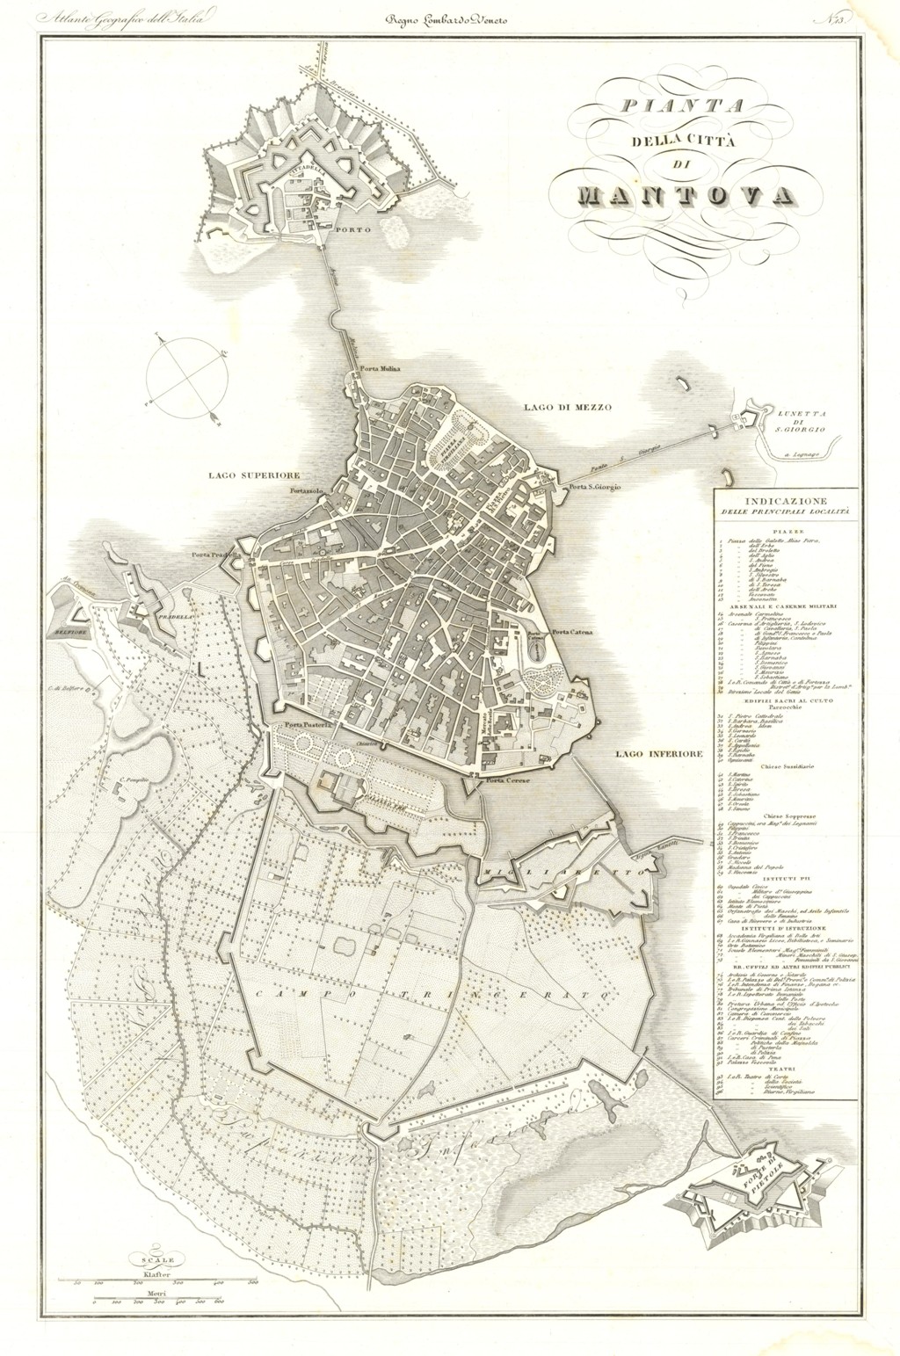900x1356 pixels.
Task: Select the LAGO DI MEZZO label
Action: (x=566, y=407)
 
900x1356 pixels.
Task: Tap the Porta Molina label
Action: (x=380, y=369)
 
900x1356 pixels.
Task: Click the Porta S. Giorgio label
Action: (x=594, y=487)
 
